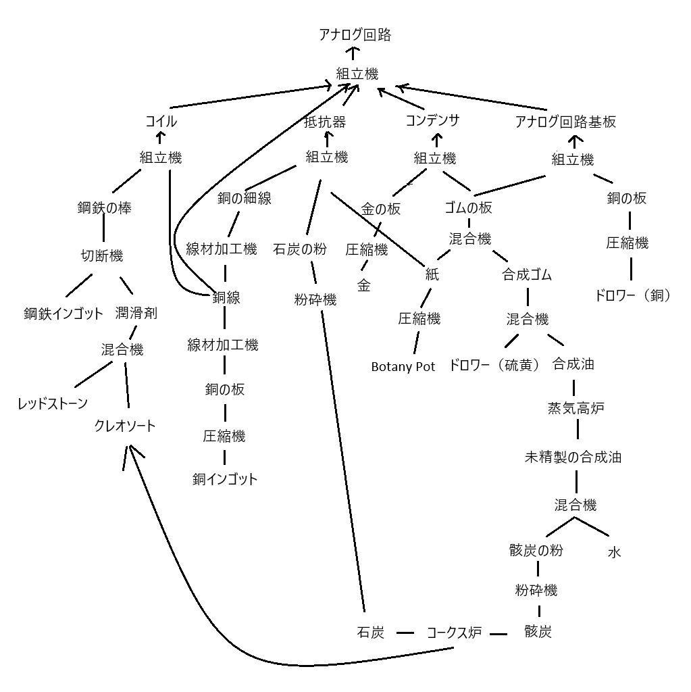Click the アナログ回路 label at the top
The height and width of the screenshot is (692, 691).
pos(355,35)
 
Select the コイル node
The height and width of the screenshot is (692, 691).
pos(161,122)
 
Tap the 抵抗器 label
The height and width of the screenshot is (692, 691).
pos(325,122)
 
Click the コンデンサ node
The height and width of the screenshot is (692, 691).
pos(433,121)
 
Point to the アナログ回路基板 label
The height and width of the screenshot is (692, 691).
pos(565,122)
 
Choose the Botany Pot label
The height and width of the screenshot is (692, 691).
pos(403,367)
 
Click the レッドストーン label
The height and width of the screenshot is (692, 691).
pos(53,404)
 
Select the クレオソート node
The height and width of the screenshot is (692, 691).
pos(125,426)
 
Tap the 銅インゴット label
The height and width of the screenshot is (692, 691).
pos(225,480)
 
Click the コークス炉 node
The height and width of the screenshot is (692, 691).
pos(454,633)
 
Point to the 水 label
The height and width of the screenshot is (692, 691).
pos(614,552)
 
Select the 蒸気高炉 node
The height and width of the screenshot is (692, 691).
pos(575,408)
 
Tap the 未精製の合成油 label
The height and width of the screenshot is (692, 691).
pos(573,457)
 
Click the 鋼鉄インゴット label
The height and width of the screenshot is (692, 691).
pos(63,314)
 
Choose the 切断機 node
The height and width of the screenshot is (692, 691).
pos(102,255)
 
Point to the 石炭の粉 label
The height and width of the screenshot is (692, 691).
pos(300,249)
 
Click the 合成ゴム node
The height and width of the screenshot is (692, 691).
pos(527,275)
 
